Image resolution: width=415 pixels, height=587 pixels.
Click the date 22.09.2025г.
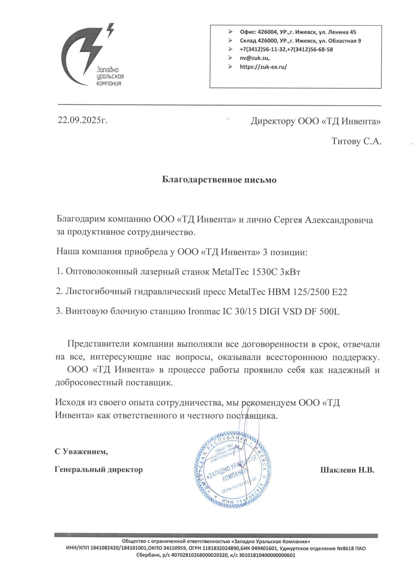tap(83, 120)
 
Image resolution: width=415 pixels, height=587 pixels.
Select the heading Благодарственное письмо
tap(219, 180)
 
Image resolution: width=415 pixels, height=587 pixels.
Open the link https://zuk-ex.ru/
tap(263, 67)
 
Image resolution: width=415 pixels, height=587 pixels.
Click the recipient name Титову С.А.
tap(356, 141)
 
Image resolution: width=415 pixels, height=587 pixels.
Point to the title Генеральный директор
tap(99, 470)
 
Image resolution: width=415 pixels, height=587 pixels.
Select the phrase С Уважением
tap(82, 452)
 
